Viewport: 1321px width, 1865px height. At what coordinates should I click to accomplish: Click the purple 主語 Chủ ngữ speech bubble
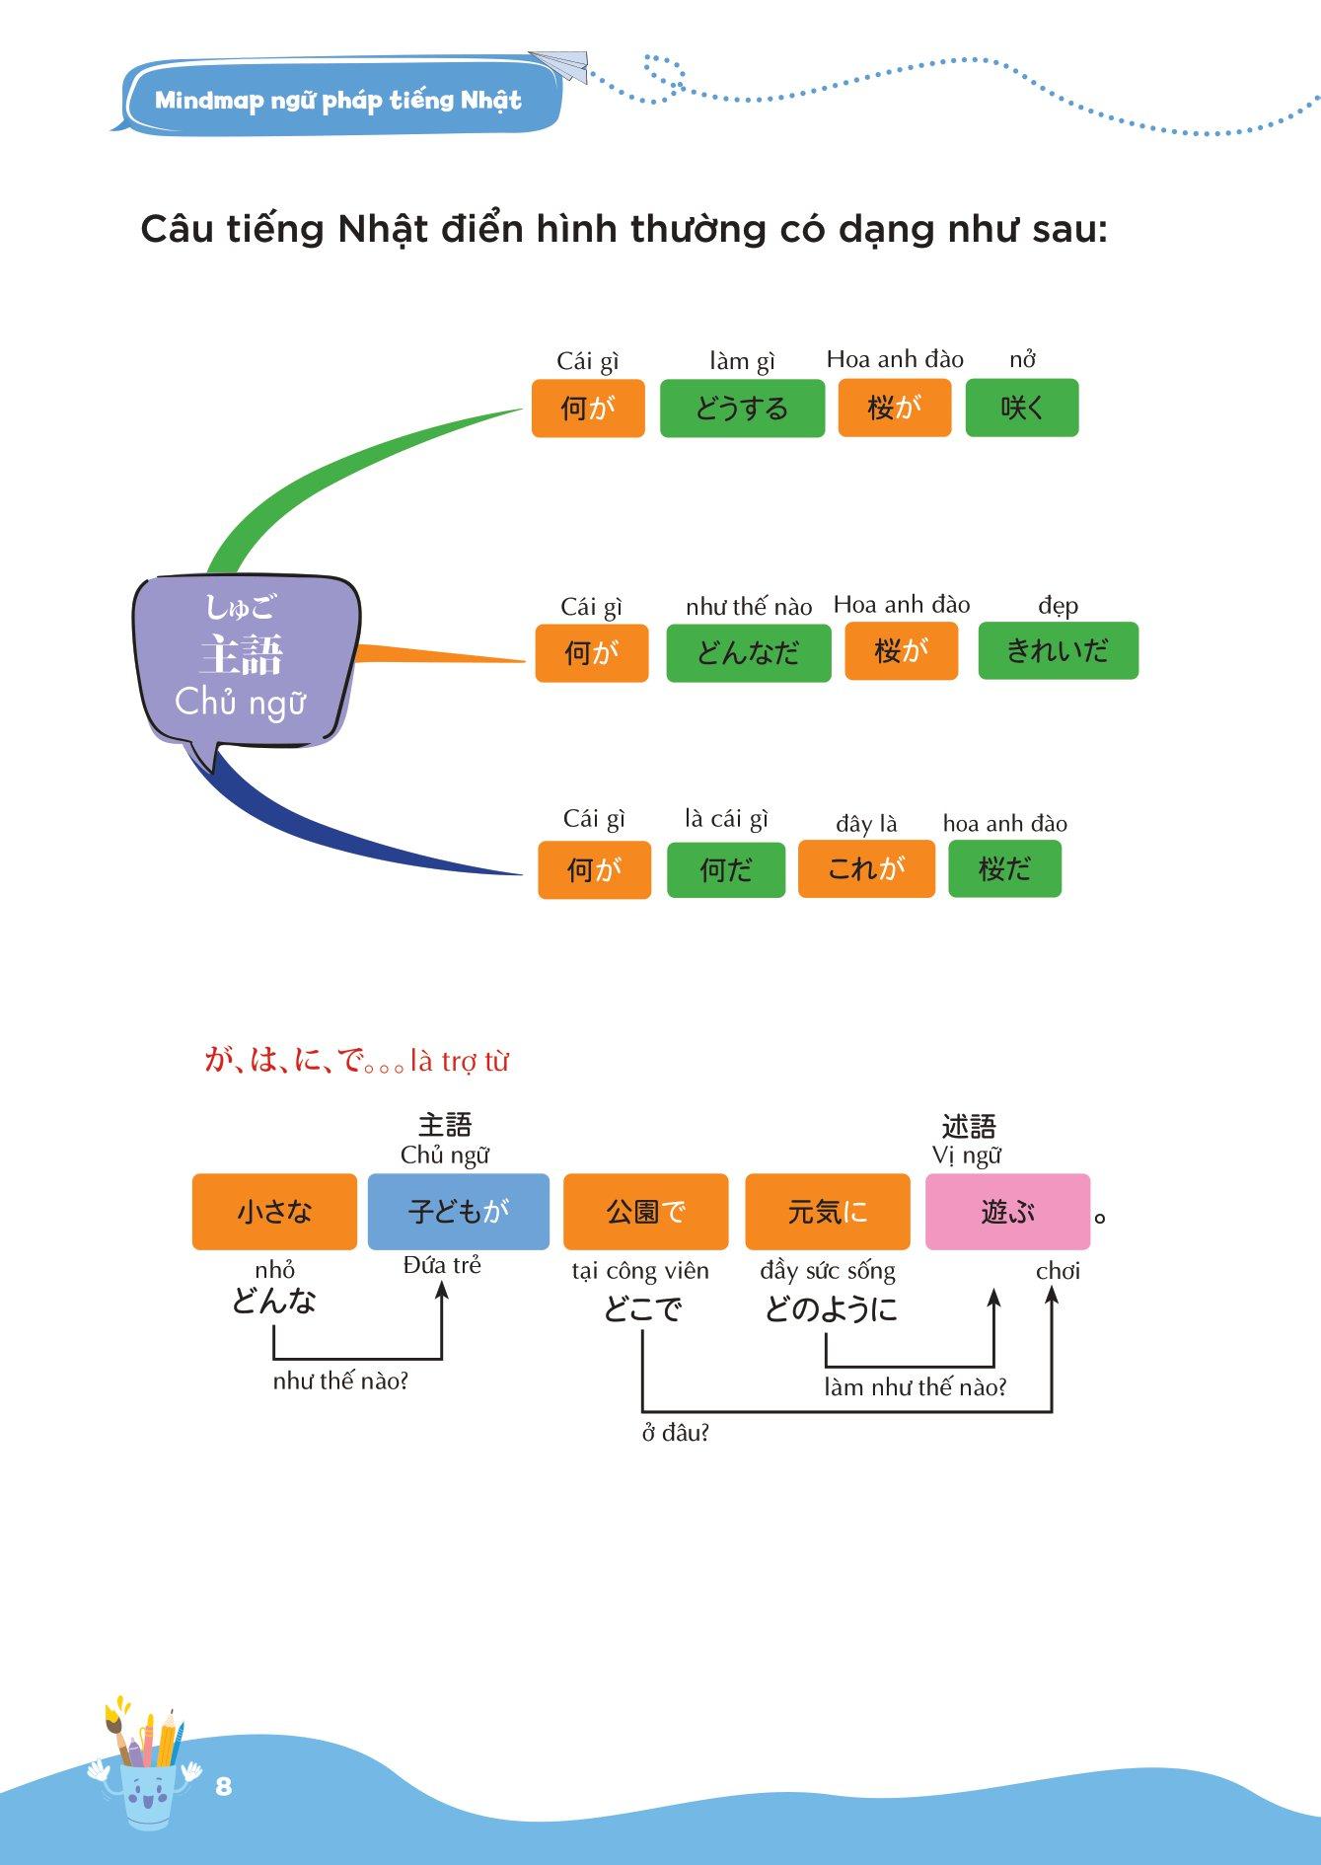[245, 656]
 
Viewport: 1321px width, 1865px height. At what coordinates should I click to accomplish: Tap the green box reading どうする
[742, 409]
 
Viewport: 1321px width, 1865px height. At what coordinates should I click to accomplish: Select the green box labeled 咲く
[1021, 409]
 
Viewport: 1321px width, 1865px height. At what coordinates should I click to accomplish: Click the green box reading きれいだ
[1058, 651]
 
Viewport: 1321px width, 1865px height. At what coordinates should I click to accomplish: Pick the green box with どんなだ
[748, 653]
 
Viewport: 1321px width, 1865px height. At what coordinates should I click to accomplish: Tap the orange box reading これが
[865, 869]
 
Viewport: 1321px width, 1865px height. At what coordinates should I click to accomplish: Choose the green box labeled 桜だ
[1004, 869]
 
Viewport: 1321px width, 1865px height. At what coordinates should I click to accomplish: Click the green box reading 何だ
[725, 870]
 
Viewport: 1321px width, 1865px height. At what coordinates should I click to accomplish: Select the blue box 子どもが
[458, 1212]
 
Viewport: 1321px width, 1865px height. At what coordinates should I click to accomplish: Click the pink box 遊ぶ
[1007, 1212]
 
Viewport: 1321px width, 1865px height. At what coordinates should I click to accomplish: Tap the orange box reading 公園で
[645, 1212]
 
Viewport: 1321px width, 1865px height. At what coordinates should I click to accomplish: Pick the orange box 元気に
[827, 1212]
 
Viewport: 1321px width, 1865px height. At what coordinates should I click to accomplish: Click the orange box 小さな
[274, 1212]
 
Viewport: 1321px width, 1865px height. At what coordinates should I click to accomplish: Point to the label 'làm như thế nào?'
[915, 1387]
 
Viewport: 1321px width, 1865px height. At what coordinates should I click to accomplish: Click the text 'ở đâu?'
[676, 1433]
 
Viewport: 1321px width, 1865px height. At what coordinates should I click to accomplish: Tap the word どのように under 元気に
[831, 1309]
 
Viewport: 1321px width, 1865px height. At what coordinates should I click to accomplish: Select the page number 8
[223, 1786]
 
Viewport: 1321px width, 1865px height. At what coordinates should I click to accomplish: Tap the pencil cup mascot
[146, 1766]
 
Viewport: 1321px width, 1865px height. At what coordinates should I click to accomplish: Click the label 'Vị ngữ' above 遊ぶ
[967, 1156]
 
